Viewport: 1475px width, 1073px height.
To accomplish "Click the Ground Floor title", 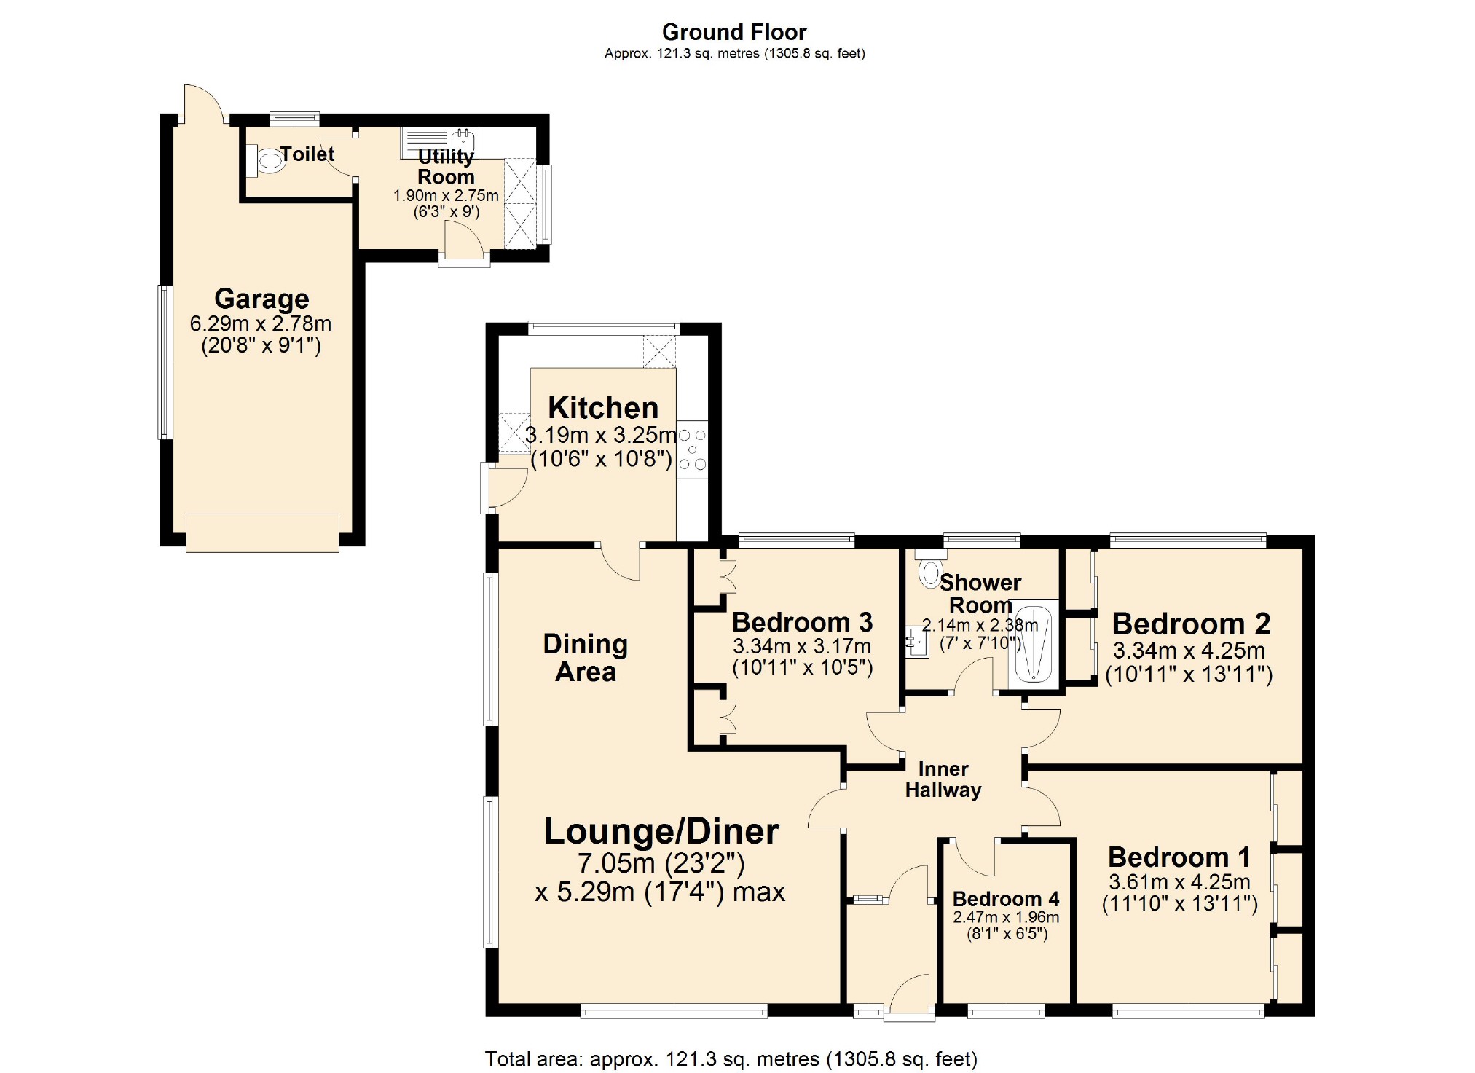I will (x=733, y=32).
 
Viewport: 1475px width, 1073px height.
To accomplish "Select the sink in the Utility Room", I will (x=463, y=141).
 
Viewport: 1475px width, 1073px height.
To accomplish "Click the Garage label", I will (x=261, y=299).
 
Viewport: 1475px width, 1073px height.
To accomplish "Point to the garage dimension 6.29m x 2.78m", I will (x=260, y=323).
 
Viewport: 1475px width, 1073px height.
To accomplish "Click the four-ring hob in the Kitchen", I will (x=692, y=449).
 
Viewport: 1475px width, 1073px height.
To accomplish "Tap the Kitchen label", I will (x=602, y=407).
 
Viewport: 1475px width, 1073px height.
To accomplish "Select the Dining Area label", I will (x=585, y=657).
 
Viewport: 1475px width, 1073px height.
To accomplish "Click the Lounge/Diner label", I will (x=661, y=831).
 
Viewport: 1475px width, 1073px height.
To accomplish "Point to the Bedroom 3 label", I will (x=801, y=622).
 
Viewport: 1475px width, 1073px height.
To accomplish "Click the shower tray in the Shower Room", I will (x=1034, y=644).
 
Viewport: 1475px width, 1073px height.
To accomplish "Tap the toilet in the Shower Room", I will (x=930, y=572).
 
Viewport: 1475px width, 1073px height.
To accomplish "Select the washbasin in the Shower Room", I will (x=916, y=642).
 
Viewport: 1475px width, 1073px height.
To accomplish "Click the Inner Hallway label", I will (x=943, y=779).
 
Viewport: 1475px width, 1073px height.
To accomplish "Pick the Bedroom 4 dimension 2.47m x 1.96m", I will (x=1006, y=917).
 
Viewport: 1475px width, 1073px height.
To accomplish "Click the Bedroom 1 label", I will (x=1179, y=857).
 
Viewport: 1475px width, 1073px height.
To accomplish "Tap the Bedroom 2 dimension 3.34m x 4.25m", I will (x=1188, y=651).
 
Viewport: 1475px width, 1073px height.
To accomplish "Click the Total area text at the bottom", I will (x=731, y=1058).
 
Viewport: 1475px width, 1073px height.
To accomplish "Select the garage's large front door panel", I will (x=262, y=532).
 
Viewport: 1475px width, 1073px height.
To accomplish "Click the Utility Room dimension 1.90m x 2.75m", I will (x=446, y=195).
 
